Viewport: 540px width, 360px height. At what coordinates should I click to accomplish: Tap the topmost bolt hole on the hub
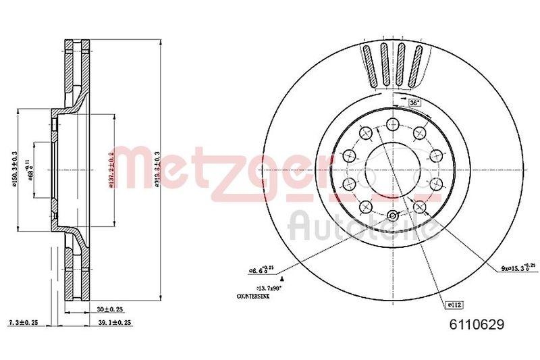[391, 124]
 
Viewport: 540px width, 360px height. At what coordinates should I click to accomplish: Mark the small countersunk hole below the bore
[392, 215]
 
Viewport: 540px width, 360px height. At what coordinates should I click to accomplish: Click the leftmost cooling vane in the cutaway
[369, 64]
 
